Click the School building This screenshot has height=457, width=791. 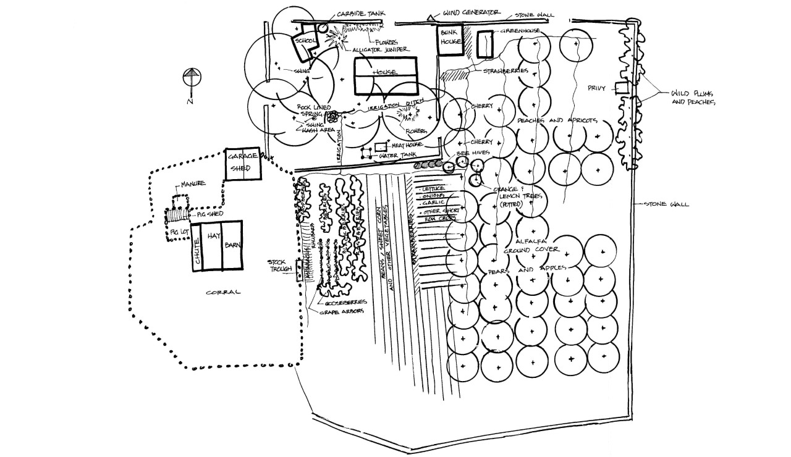pos(306,43)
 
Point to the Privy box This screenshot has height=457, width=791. pos(621,88)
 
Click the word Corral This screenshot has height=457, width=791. pos(223,291)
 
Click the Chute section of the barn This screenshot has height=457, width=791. pos(197,246)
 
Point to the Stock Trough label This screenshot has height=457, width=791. pos(280,266)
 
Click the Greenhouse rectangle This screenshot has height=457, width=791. pos(484,44)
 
